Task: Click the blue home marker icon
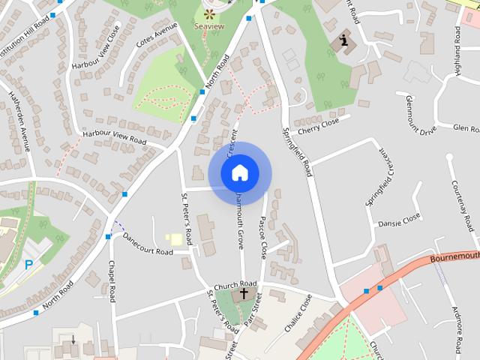point(239,172)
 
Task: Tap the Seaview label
point(209,25)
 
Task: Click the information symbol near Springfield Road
point(344,40)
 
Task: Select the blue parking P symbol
point(29,264)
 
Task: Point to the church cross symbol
point(243,293)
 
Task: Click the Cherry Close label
point(319,121)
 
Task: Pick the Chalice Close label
point(296,313)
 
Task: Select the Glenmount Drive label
point(420,115)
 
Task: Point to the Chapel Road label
point(111,281)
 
